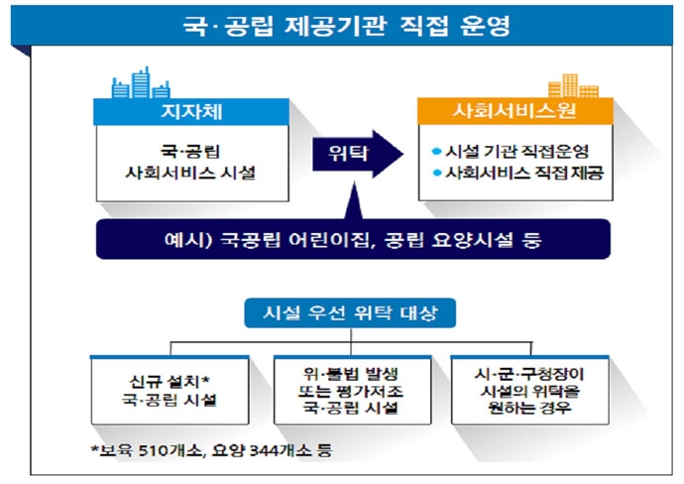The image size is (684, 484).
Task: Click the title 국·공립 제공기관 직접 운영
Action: coord(342,25)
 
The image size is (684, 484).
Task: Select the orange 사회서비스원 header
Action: coord(509,111)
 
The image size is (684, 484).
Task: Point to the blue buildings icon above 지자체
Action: coord(137,82)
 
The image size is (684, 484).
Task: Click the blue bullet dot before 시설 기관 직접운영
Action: coord(437,152)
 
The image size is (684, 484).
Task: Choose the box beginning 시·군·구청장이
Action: coord(523,390)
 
